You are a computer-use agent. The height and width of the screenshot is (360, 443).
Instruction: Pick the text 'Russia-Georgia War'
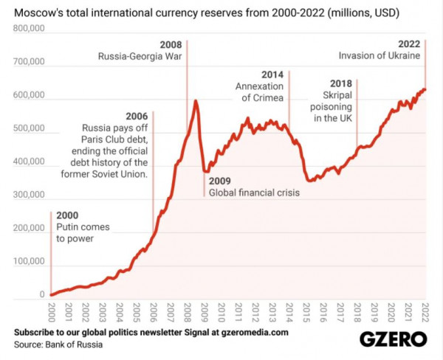(x=140, y=55)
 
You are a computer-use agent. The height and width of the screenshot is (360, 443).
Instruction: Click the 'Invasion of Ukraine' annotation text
(x=379, y=55)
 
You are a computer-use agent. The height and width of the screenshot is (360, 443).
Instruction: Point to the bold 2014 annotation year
(x=273, y=75)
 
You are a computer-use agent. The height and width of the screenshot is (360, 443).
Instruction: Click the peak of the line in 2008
(x=196, y=100)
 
